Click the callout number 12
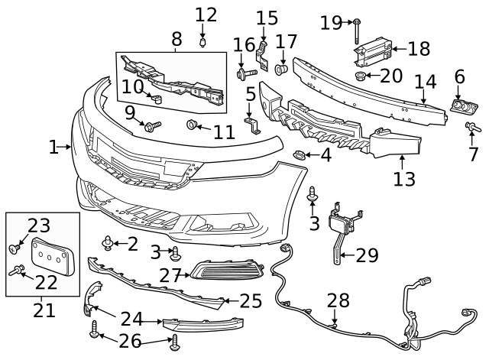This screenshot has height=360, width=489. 206,14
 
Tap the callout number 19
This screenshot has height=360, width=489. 331,23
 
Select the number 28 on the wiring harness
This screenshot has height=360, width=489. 338,300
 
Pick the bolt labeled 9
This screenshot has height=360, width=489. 153,125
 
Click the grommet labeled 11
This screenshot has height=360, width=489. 193,125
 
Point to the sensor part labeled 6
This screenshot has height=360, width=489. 461,108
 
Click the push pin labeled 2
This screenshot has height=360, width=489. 108,244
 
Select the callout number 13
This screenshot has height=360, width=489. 404,180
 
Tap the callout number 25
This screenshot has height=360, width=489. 251,300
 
